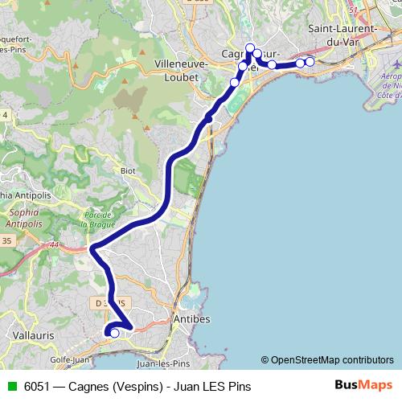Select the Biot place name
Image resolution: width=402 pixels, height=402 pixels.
pyautogui.click(x=128, y=170)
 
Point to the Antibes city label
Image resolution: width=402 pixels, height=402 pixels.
pyautogui.click(x=192, y=319)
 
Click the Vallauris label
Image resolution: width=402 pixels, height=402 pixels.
pyautogui.click(x=35, y=332)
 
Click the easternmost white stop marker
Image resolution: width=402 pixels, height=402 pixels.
pyautogui.click(x=310, y=62)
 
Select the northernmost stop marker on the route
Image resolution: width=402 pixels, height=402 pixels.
pyautogui.click(x=250, y=47)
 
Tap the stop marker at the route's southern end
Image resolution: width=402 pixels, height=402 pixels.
pyautogui.click(x=114, y=333)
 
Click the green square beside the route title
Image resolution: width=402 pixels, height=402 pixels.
pyautogui.click(x=11, y=387)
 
